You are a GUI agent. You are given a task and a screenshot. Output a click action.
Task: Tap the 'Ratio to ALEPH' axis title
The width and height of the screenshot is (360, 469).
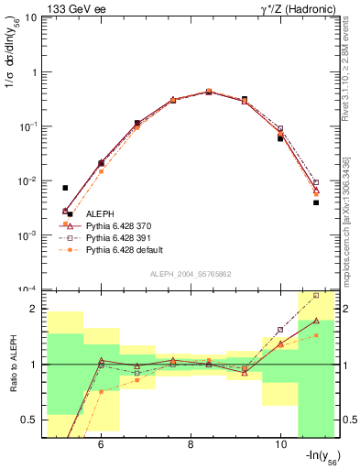point(12,365)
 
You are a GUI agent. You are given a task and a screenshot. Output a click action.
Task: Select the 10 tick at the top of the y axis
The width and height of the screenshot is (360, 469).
point(30,17)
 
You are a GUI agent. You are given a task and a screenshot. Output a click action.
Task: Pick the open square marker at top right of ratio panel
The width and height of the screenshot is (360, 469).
point(316,295)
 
